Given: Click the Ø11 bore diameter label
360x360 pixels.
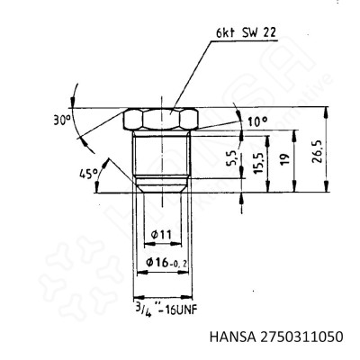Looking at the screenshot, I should (x=162, y=235).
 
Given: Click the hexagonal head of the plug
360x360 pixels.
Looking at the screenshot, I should (x=162, y=120).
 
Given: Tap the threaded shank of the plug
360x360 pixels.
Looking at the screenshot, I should (x=162, y=157).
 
